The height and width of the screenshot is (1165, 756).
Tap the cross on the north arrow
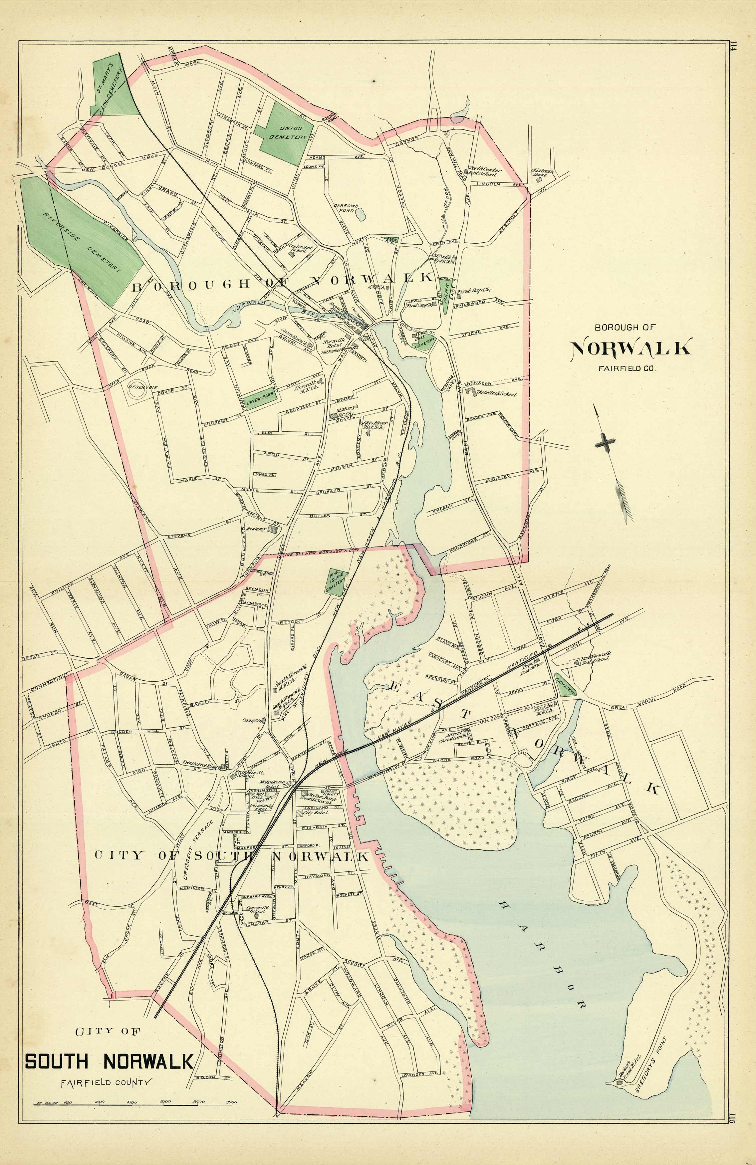(605, 443)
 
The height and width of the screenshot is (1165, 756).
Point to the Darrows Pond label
(346, 208)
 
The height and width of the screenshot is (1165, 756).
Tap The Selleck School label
(495, 393)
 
